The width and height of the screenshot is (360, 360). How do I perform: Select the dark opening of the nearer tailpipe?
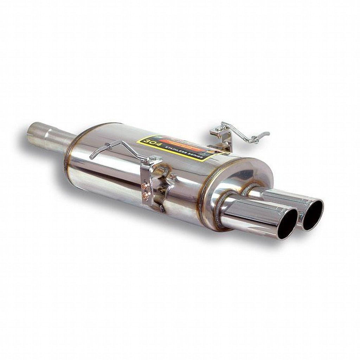pos(287,224)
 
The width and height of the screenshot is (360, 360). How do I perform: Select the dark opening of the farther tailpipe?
pos(312,215)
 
